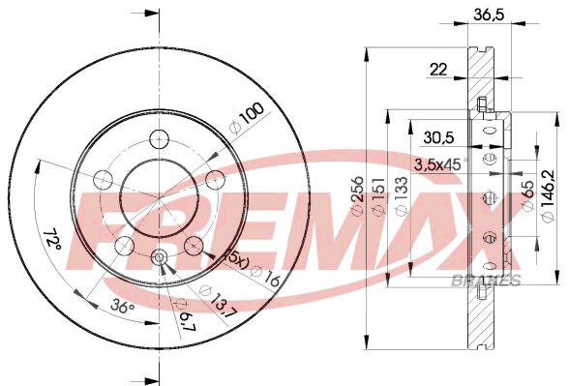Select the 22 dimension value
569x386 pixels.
[438, 68]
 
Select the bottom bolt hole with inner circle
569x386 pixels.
[160, 256]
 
